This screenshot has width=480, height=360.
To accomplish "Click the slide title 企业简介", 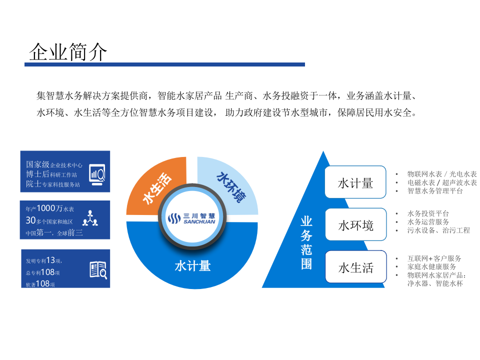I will tap(68, 51).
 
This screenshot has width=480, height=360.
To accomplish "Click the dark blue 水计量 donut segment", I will tap(192, 265).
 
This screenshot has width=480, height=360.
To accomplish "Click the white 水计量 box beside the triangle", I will tap(355, 183).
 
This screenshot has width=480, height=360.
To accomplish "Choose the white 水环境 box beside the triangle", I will tap(355, 225).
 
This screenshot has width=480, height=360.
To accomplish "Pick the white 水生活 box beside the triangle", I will tap(355, 268).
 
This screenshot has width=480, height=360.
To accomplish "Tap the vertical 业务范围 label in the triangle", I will tap(306, 243).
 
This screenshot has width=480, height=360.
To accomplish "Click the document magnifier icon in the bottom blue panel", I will tap(98, 270).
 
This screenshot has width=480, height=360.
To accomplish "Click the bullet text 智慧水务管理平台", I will tap(435, 190).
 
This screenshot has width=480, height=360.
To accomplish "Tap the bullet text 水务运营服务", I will tap(428, 221).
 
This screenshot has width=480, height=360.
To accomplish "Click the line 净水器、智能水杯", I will tap(435, 283).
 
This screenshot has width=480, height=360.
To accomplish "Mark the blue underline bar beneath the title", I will tap(165, 64).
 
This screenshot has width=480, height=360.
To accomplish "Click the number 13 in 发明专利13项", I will tap(50, 260).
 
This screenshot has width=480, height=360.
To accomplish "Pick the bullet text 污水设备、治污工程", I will tap(438, 230).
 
